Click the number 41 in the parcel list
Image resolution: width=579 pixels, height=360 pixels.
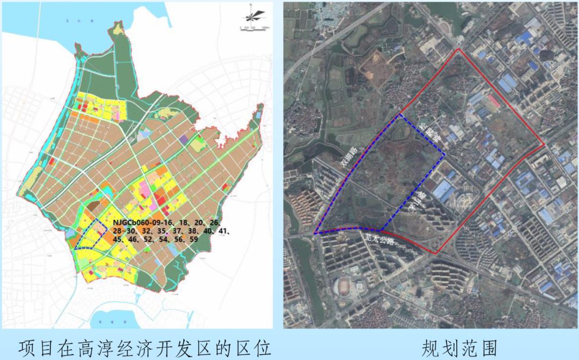point(221,232)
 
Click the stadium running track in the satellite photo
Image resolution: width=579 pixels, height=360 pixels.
point(345,286)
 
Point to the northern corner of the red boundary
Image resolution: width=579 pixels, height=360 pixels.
point(457,49)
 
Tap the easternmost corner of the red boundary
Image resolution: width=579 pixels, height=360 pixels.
point(544,144)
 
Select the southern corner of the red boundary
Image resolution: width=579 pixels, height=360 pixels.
point(436,252)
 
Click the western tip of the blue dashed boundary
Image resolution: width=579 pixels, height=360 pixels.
point(315,234)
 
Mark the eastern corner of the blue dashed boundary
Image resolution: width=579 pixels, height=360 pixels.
point(444,154)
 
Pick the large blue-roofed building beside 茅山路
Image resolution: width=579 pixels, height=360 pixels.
point(444,190)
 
